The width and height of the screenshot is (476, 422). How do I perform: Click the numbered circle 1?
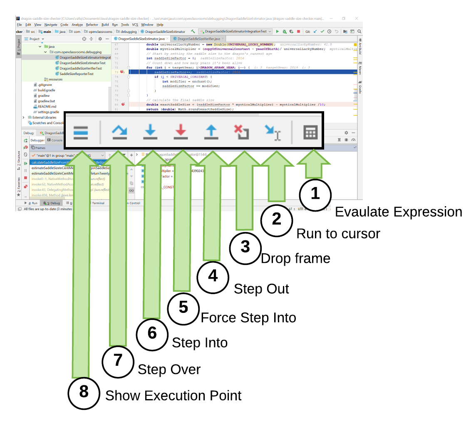click(315, 194)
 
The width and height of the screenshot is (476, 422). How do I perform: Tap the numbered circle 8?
click(84, 392)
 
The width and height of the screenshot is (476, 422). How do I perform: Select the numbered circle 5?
click(183, 307)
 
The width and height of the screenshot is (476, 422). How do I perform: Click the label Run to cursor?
click(338, 234)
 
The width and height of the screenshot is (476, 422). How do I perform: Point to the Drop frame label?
click(295, 259)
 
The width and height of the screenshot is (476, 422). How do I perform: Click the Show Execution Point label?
click(173, 395)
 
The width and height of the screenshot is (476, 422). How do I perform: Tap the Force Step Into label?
click(248, 318)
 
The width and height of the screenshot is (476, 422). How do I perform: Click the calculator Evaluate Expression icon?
click(310, 132)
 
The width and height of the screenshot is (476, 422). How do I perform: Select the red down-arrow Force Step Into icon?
click(181, 132)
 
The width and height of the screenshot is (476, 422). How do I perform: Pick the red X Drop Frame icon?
click(241, 132)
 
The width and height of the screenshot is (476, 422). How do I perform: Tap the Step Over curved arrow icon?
click(119, 132)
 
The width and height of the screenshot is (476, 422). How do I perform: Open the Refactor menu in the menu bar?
click(92, 25)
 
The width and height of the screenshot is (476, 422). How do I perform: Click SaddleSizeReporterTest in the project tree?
click(76, 74)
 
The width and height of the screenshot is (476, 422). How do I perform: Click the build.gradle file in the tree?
click(46, 90)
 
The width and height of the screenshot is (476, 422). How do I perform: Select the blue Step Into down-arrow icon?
click(150, 132)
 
